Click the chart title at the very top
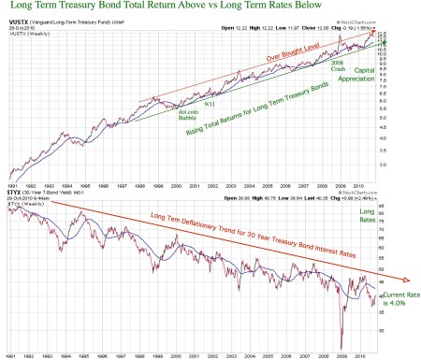tap(186, 8)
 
